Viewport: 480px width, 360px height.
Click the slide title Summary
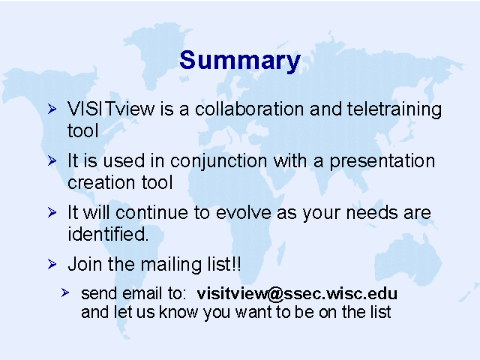[x=240, y=61]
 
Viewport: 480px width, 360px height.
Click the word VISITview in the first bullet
[x=111, y=109]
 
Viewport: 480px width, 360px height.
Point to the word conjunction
[x=218, y=162]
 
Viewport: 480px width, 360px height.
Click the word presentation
[x=382, y=162]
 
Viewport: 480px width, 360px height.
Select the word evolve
[x=244, y=212]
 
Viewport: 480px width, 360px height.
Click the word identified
[x=108, y=234]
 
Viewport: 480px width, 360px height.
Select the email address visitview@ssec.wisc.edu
[x=297, y=294]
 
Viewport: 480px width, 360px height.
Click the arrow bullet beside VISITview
[x=52, y=109]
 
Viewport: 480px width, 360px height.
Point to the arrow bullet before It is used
[x=52, y=160]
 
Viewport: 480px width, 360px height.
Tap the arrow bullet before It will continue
[x=52, y=212]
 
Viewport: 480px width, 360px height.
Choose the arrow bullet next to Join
[x=52, y=264]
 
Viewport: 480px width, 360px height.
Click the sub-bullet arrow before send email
[x=65, y=293]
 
